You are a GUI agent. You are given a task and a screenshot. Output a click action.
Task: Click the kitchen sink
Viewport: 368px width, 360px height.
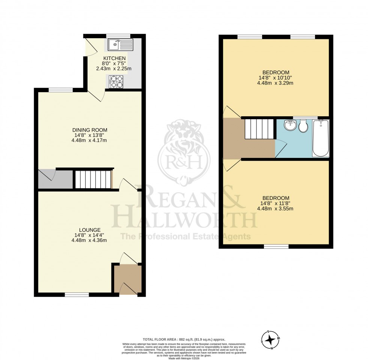120,45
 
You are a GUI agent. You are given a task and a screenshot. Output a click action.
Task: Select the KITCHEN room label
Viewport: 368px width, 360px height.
115,58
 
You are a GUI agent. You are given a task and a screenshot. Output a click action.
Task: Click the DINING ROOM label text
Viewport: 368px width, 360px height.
88,130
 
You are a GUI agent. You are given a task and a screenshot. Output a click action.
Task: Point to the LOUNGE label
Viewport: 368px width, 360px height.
89,229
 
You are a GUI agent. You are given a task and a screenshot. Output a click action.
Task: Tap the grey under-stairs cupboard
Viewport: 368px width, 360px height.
55,180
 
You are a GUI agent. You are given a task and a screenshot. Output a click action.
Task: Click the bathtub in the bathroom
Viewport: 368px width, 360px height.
321,139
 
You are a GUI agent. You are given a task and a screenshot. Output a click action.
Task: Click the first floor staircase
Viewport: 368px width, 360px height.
259,129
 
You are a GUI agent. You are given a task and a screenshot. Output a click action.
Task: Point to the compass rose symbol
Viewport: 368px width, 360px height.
270,339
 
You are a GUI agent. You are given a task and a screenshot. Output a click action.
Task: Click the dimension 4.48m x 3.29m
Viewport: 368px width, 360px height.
275,83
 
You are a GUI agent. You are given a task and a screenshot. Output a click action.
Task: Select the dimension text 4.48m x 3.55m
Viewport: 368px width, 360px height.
275,209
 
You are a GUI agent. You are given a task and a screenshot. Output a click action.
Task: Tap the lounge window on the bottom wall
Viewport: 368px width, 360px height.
77,294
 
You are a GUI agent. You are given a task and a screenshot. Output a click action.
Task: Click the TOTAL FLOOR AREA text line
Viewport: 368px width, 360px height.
183,339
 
